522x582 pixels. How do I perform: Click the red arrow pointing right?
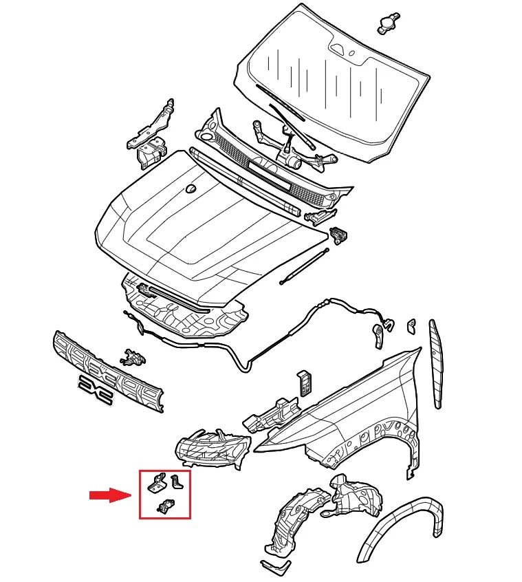point(109,495)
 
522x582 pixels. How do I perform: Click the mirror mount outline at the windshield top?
point(340,50)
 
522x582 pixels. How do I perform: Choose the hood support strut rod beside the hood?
point(303,268)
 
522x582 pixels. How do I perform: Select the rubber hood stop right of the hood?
point(338,234)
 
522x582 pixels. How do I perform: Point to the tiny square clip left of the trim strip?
point(411,325)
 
